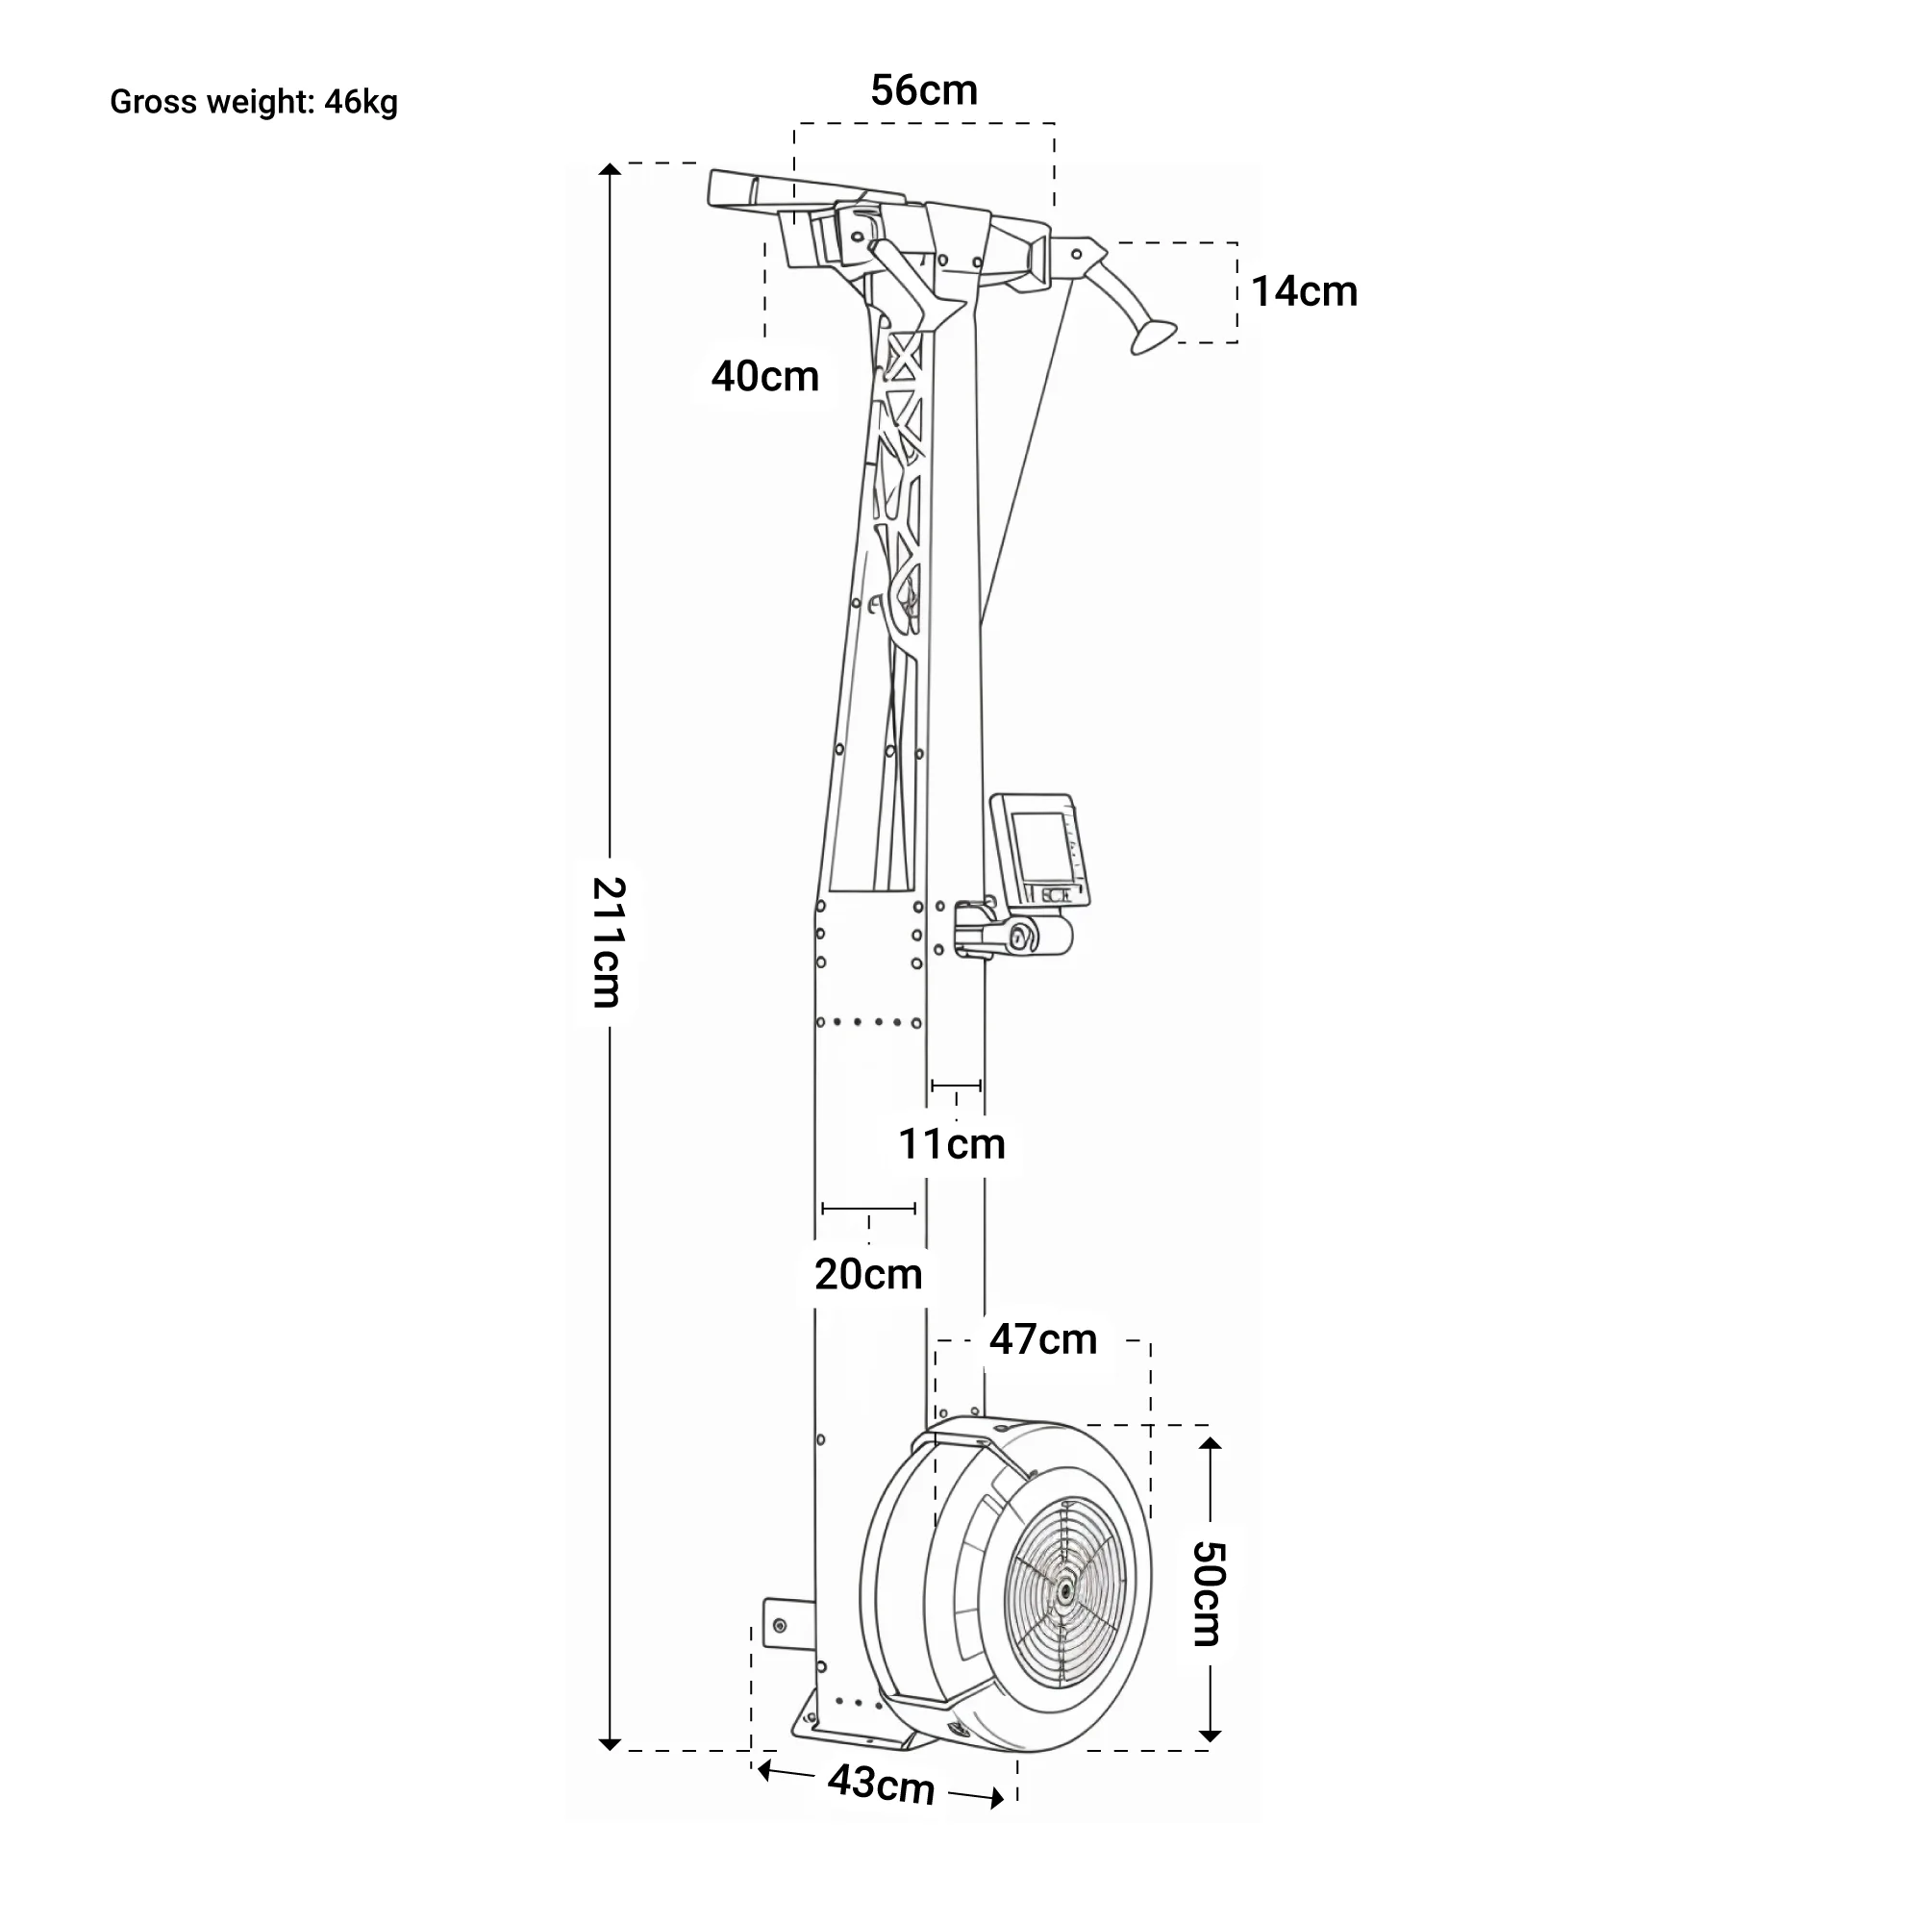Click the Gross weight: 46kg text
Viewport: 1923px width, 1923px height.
tap(253, 103)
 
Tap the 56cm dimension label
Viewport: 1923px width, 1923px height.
tap(924, 90)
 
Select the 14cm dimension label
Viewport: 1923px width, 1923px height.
tap(1304, 291)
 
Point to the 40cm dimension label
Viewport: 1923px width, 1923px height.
tap(764, 376)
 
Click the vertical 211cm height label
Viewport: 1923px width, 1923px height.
tap(607, 941)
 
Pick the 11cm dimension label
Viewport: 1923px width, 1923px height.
tap(952, 1143)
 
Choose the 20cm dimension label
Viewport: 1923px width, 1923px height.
tap(868, 1274)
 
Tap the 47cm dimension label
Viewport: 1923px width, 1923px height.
tap(1042, 1339)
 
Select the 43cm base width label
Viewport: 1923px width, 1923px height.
tap(881, 1784)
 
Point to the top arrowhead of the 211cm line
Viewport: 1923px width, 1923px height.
tap(610, 169)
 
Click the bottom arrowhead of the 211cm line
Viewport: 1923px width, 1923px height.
tap(610, 1744)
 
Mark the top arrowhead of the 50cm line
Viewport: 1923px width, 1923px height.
tap(1210, 1443)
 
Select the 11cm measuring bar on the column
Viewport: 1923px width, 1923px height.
tap(956, 1085)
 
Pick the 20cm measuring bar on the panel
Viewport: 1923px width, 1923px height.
tap(868, 1209)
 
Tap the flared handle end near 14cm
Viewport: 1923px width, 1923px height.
tap(1153, 337)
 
